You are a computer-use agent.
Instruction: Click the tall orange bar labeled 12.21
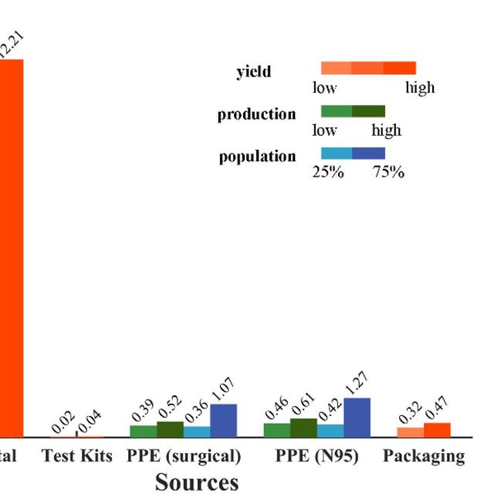coord(11,247)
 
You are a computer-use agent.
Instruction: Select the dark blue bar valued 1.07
coord(223,421)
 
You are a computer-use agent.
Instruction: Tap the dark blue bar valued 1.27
coord(357,418)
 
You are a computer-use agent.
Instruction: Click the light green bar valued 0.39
coord(143,431)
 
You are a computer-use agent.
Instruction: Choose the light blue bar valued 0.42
coord(330,431)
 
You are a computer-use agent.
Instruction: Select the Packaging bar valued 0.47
coord(437,430)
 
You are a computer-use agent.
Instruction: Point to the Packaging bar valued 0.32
coord(411,432)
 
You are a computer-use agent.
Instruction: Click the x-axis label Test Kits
coord(77,456)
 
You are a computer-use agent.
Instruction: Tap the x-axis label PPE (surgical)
coord(184,456)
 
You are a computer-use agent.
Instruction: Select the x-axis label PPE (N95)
coord(316,456)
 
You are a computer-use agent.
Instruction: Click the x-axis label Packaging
coord(424,456)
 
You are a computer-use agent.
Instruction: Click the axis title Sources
coord(197,482)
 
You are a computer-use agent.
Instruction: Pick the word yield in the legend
coord(253,72)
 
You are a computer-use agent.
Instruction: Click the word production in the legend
coord(256,114)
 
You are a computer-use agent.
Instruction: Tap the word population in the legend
coord(257,157)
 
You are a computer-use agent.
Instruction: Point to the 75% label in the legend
coord(388,172)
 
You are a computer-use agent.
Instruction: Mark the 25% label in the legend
coord(327,172)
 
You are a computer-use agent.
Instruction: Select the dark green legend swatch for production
coord(368,111)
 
